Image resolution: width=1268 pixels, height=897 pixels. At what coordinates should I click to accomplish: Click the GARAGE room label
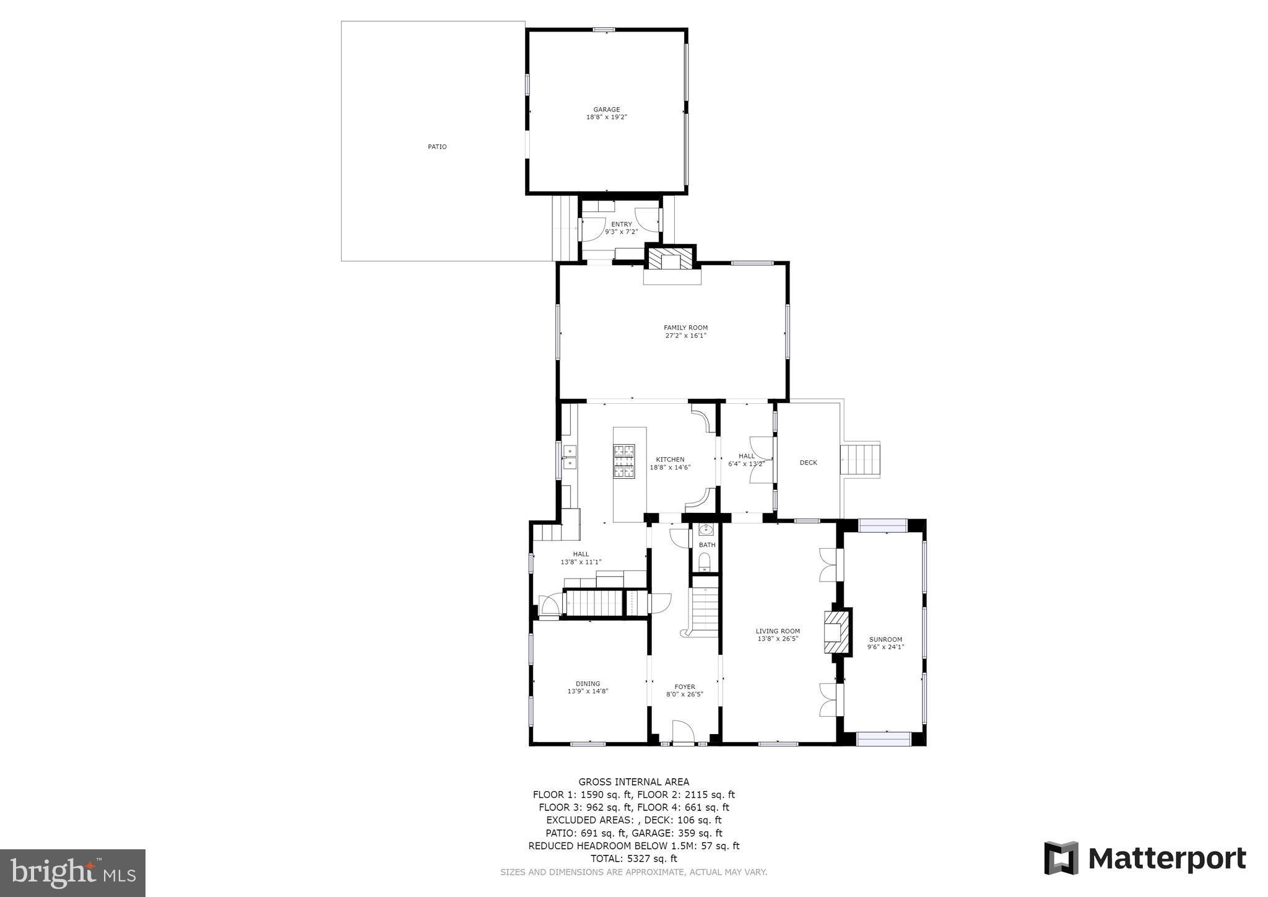click(x=606, y=110)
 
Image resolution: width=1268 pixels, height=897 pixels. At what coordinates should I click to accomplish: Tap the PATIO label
click(x=436, y=147)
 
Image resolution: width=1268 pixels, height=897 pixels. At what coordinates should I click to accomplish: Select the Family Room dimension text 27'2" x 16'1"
click(x=685, y=336)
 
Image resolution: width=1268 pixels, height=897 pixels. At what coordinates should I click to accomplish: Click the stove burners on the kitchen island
click(x=624, y=461)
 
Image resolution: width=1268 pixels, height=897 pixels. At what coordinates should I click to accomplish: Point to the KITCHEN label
click(x=670, y=460)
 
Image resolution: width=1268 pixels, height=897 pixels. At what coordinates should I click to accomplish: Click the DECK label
click(x=808, y=463)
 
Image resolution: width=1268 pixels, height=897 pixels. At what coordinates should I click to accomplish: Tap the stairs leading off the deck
click(x=861, y=460)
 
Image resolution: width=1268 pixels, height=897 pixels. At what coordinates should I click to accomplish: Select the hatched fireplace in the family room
click(x=671, y=258)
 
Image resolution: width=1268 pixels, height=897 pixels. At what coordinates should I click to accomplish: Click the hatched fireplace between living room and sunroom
click(x=837, y=632)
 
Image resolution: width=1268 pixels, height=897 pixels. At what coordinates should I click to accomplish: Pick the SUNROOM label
click(x=885, y=639)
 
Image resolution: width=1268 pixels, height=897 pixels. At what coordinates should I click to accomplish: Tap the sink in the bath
click(x=706, y=530)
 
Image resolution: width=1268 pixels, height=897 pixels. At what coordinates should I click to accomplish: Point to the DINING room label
click(x=588, y=684)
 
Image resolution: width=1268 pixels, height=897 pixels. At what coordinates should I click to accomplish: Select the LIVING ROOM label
click(x=778, y=631)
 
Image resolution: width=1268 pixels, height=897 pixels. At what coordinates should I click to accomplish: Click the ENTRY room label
click(x=622, y=224)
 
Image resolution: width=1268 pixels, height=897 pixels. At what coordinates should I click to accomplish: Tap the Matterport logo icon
click(x=1061, y=858)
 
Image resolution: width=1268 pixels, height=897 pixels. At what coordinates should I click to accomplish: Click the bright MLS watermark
click(x=73, y=873)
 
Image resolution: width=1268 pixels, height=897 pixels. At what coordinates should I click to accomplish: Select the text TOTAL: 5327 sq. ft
click(x=633, y=859)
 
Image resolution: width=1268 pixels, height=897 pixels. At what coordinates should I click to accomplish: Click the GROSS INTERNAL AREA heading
click(x=633, y=782)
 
